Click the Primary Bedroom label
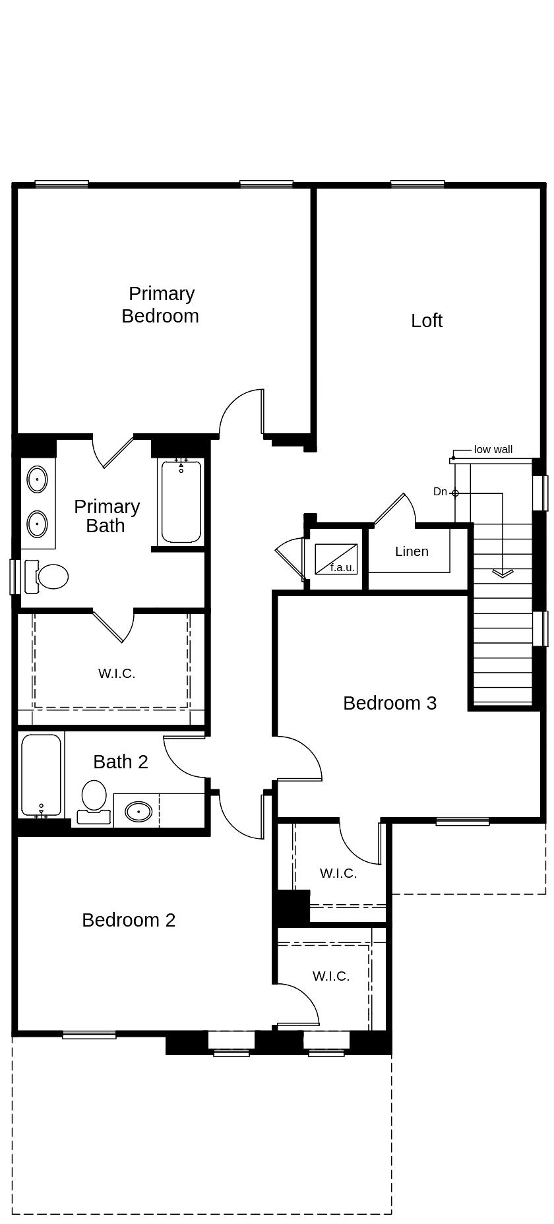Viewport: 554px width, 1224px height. [x=160, y=305]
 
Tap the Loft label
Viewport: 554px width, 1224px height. [x=426, y=321]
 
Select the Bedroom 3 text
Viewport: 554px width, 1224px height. [x=389, y=703]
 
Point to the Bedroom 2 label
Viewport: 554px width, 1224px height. [x=129, y=920]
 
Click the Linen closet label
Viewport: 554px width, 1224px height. [x=412, y=551]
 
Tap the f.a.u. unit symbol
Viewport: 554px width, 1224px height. [x=336, y=559]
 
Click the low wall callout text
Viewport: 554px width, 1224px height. [x=493, y=450]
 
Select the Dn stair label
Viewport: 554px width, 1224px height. [x=440, y=492]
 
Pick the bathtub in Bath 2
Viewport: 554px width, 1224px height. [x=41, y=776]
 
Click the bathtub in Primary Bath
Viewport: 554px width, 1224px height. [x=181, y=502]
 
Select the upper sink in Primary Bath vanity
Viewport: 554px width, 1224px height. [x=37, y=479]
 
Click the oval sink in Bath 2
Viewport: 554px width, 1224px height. [x=138, y=811]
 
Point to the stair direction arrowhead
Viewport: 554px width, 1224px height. [x=503, y=573]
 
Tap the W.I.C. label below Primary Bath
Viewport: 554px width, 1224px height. [x=117, y=673]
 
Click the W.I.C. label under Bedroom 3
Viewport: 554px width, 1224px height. [x=338, y=873]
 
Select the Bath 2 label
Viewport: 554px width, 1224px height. [x=120, y=762]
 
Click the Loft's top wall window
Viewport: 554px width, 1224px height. [x=417, y=185]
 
